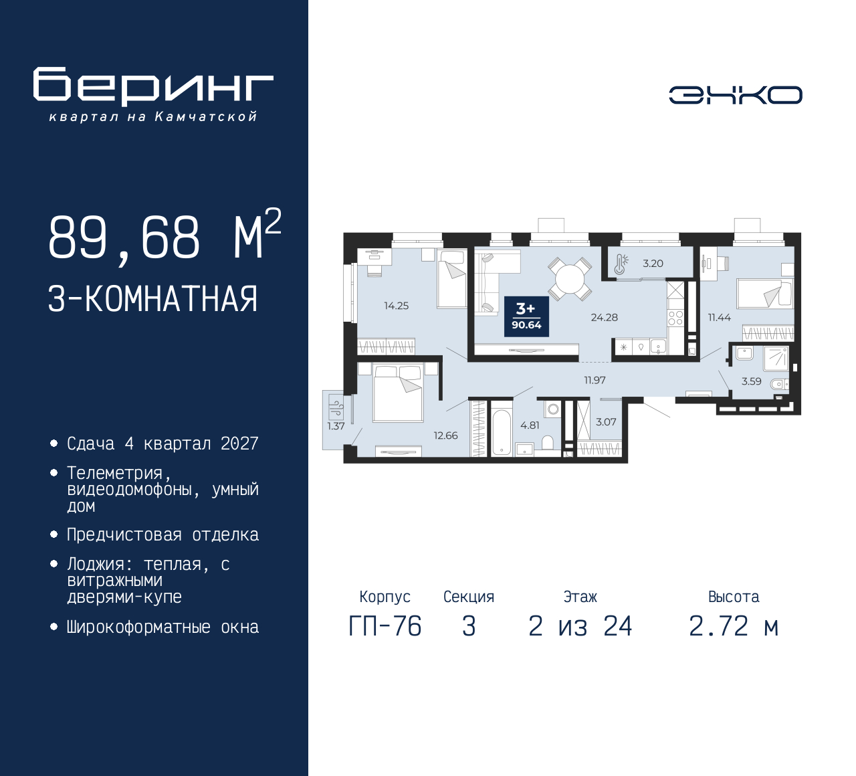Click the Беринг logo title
tap(153, 87)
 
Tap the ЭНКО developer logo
tap(735, 95)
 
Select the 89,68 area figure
tap(124, 237)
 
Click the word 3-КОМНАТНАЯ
tap(152, 299)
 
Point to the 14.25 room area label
tap(396, 306)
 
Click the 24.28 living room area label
tap(605, 317)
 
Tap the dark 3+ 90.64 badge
tap(526, 316)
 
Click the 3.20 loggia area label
tap(653, 264)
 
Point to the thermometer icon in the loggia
tap(621, 264)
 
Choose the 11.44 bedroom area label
tap(719, 317)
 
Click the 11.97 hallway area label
tap(595, 380)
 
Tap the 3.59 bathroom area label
tap(751, 381)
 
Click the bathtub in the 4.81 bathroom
tap(502, 433)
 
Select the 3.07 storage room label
tap(606, 421)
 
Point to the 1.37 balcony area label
tap(336, 425)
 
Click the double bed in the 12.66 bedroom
tap(398, 393)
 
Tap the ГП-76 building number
tap(385, 626)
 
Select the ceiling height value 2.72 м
tap(734, 626)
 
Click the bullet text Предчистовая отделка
tap(163, 535)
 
